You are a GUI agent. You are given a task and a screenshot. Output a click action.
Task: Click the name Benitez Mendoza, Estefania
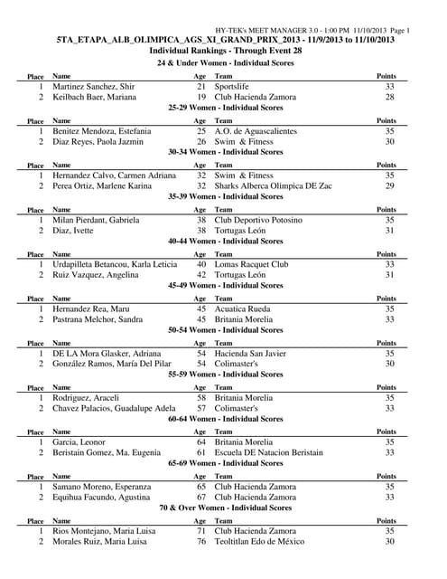(101, 131)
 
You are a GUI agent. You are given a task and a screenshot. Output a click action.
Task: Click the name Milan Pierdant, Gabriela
(96, 220)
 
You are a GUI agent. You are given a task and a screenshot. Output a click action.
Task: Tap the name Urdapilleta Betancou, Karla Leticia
(115, 264)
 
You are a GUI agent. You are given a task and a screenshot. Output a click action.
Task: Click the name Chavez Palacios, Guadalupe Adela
(115, 409)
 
